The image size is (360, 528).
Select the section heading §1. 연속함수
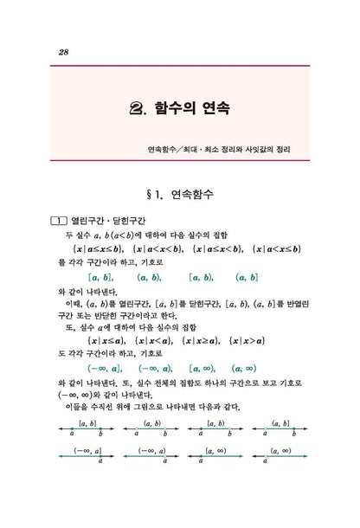click(180, 195)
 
